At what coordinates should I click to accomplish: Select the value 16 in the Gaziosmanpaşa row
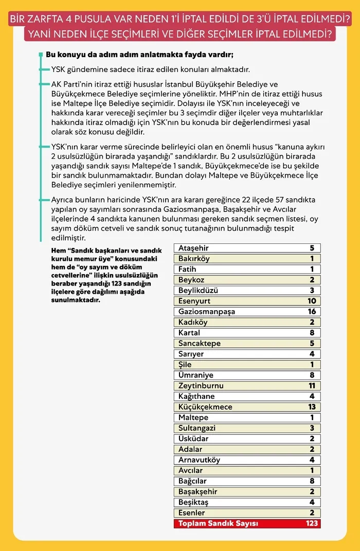[312, 312]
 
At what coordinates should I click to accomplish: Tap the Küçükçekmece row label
[205, 407]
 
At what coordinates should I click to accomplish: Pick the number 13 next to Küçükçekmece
[312, 407]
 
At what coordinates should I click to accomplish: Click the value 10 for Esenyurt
[312, 301]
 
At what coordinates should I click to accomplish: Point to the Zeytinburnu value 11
[312, 386]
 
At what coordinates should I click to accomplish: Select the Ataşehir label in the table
[193, 248]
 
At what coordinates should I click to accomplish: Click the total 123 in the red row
[311, 524]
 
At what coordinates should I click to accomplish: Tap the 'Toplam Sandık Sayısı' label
[218, 524]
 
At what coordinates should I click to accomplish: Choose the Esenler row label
[191, 513]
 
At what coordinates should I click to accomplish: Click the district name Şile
[185, 365]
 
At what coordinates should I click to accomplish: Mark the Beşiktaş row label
[193, 502]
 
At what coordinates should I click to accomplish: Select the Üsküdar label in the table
[193, 439]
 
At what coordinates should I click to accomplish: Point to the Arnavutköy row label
[199, 460]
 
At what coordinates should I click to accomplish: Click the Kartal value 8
[312, 333]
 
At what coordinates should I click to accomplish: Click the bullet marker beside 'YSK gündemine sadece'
[41, 69]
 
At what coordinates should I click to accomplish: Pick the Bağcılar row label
[192, 481]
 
